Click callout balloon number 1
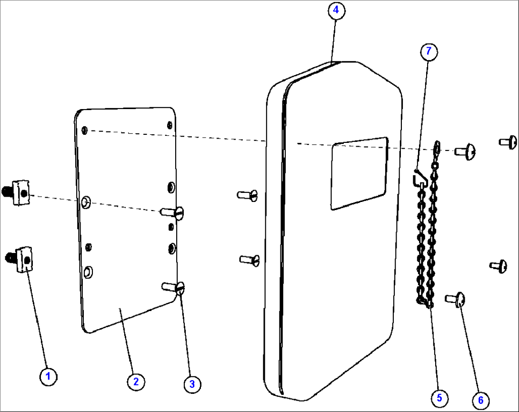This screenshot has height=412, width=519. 48,376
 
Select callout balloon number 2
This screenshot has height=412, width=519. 136,381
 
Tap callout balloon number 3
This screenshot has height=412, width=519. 192,384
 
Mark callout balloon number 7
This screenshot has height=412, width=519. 429,51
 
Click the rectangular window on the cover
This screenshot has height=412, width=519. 359,173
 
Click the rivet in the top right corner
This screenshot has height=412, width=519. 509,141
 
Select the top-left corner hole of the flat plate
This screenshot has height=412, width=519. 84,130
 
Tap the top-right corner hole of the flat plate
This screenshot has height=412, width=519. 170,125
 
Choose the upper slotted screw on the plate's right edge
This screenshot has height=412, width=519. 174,212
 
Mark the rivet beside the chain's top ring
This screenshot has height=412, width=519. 465,151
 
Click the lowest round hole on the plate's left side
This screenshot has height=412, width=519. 88,272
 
